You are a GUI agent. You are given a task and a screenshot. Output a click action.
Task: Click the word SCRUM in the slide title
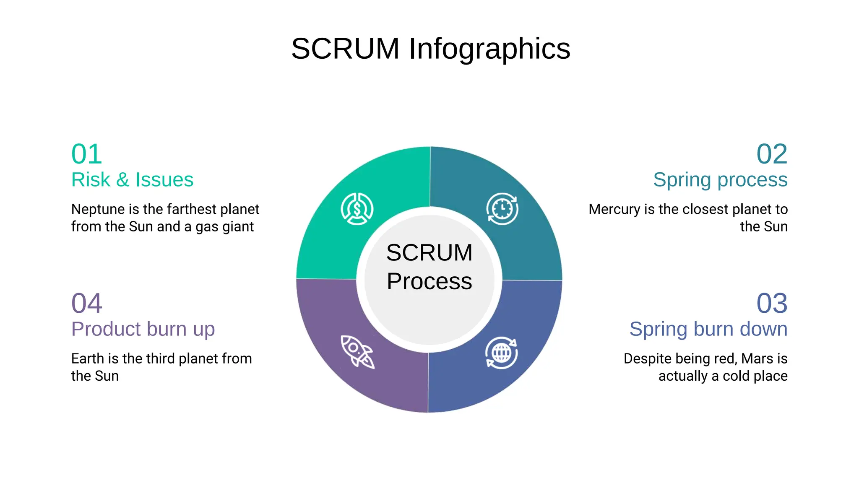click(x=345, y=49)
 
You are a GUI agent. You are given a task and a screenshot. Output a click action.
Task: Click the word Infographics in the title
click(x=489, y=49)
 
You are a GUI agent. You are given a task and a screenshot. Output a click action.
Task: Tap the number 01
click(x=87, y=154)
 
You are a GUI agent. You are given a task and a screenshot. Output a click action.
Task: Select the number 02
click(x=772, y=154)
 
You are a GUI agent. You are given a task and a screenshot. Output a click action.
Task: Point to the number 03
click(x=772, y=303)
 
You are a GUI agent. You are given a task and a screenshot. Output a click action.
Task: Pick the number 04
click(x=87, y=303)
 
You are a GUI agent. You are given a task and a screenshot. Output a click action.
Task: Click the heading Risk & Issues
click(x=132, y=180)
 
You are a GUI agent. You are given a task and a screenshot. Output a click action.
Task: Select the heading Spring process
click(x=720, y=180)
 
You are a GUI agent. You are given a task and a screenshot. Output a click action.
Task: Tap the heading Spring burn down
click(x=708, y=329)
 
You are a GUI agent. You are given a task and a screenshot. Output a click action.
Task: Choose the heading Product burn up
click(x=143, y=329)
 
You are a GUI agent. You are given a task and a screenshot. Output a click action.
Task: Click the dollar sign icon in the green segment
click(x=357, y=209)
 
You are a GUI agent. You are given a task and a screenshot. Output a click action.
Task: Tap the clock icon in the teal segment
click(x=502, y=209)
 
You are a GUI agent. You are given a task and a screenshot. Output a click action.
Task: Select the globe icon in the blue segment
click(x=501, y=353)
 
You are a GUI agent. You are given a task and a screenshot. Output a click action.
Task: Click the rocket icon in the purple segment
click(x=357, y=352)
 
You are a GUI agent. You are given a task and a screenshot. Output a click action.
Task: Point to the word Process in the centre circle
click(x=429, y=281)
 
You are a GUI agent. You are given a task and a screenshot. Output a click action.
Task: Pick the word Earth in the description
click(x=88, y=358)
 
